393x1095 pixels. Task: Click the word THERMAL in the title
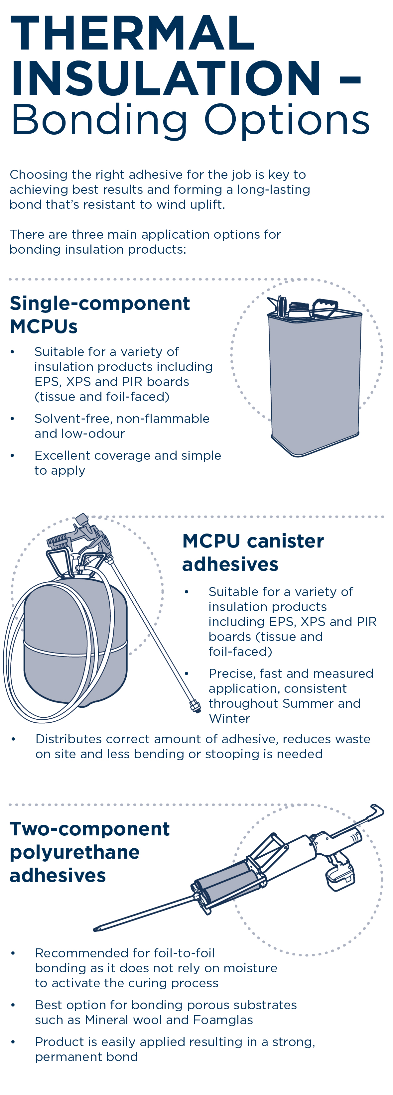coord(132,33)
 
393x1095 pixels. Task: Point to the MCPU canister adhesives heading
coord(253,552)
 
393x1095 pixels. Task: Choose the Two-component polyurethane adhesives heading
coord(89,852)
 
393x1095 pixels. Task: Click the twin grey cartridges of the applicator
coord(227,882)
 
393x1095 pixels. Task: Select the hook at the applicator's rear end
coord(376,810)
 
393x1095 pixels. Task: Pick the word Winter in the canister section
coord(229,718)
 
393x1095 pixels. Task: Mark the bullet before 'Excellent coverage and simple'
coord(13,456)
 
